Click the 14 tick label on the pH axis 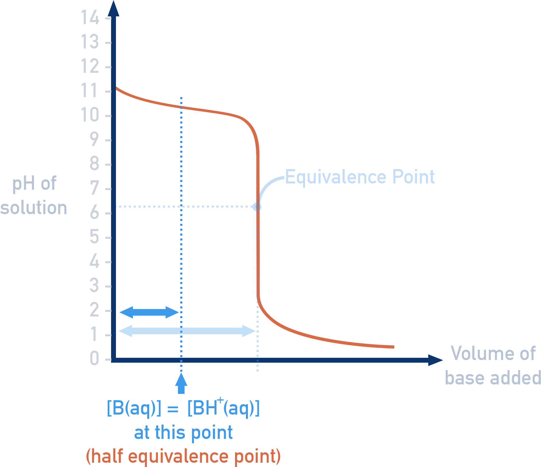click(x=90, y=18)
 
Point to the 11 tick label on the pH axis click(x=90, y=91)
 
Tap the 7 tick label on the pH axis click(x=94, y=188)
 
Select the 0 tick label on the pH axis click(x=94, y=358)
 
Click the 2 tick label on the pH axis click(x=94, y=310)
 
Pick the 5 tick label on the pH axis click(x=94, y=237)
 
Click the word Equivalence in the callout click(x=336, y=177)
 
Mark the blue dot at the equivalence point click(x=257, y=207)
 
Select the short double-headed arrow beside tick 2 click(x=149, y=312)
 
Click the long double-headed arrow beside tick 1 click(x=187, y=331)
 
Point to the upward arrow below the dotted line click(x=181, y=383)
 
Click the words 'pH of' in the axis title click(x=34, y=183)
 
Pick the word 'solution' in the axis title click(x=34, y=208)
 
